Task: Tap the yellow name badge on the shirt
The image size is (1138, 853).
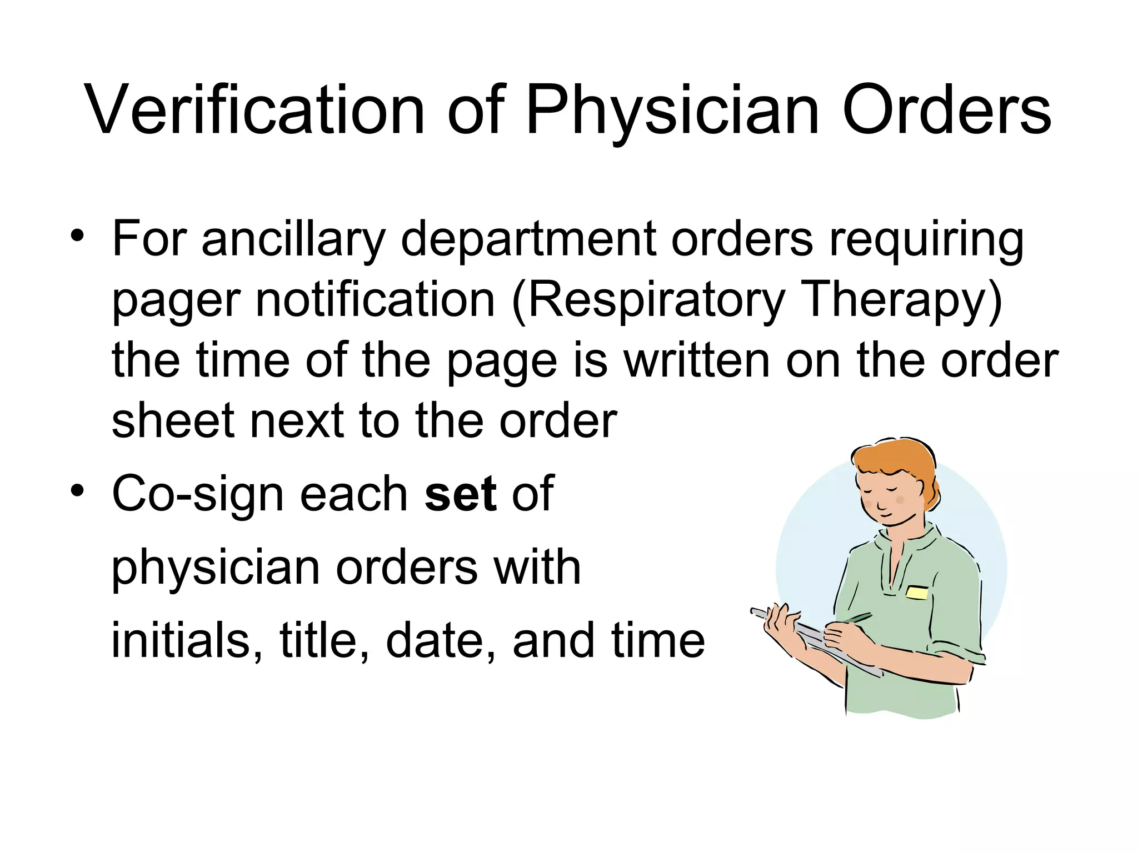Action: [x=916, y=593]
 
